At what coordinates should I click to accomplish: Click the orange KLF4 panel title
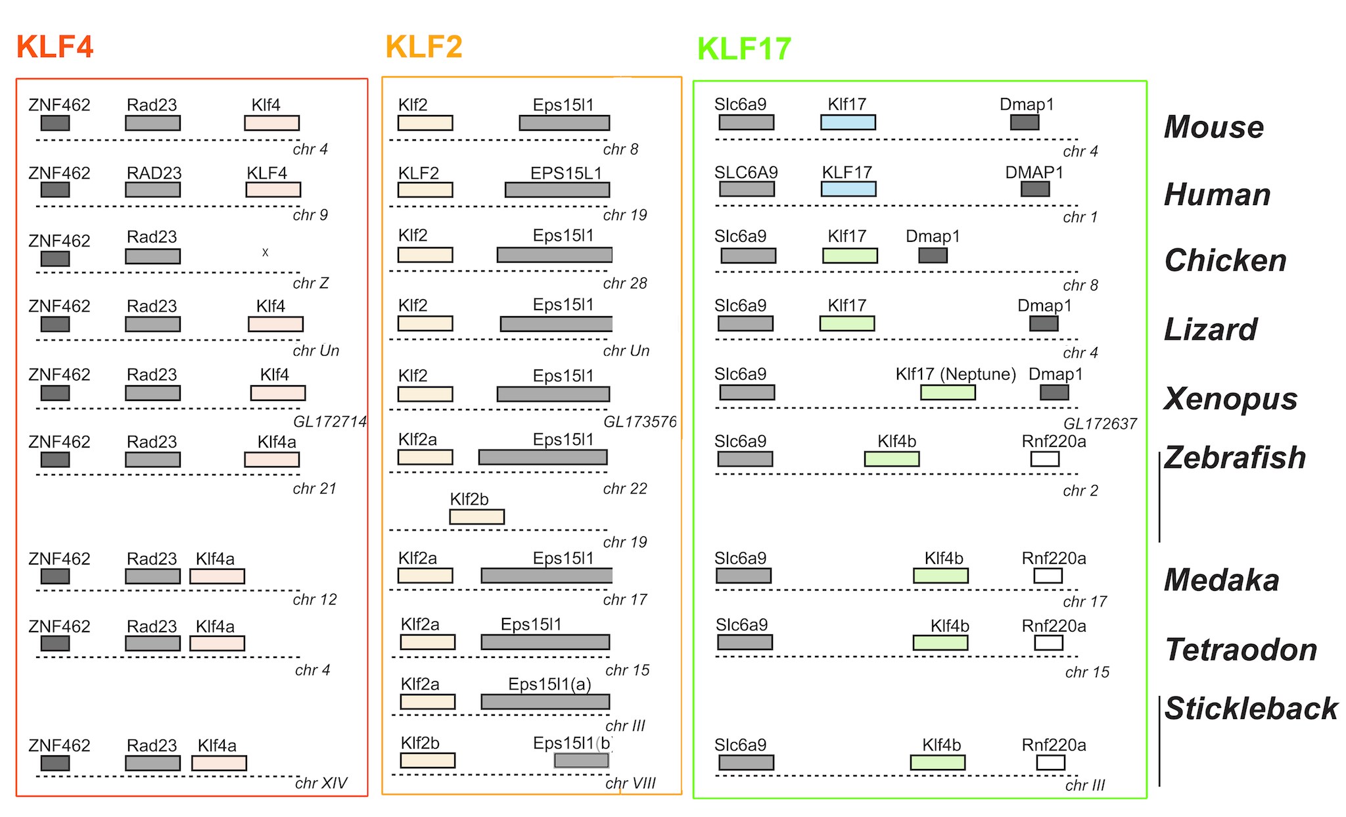pyautogui.click(x=55, y=47)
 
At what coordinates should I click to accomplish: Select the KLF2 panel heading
pyautogui.click(x=424, y=47)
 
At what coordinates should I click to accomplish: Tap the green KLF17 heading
pyautogui.click(x=744, y=49)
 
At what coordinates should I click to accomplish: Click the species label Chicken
pyautogui.click(x=1225, y=260)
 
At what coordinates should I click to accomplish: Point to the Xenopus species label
pyautogui.click(x=1230, y=398)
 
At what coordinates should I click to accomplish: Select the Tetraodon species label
pyautogui.click(x=1241, y=649)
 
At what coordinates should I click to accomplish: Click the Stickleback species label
pyautogui.click(x=1251, y=709)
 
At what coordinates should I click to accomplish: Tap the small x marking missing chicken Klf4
pyautogui.click(x=266, y=252)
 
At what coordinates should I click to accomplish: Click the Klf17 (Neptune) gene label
pyautogui.click(x=956, y=374)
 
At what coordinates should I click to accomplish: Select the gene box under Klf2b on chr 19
pyautogui.click(x=477, y=517)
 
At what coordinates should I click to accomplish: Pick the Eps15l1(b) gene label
pyautogui.click(x=572, y=743)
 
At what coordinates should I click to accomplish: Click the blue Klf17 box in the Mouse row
pyautogui.click(x=848, y=122)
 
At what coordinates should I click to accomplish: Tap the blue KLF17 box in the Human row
pyautogui.click(x=848, y=189)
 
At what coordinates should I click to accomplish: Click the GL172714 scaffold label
pyautogui.click(x=330, y=421)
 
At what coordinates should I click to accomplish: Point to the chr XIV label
pyautogui.click(x=321, y=783)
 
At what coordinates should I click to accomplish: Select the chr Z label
pyautogui.click(x=311, y=283)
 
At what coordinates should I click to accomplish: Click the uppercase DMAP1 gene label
pyautogui.click(x=1034, y=172)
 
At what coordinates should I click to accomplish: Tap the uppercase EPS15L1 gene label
pyautogui.click(x=566, y=173)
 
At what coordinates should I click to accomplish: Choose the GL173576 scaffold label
pyautogui.click(x=640, y=421)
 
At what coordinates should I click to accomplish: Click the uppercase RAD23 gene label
pyautogui.click(x=154, y=173)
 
